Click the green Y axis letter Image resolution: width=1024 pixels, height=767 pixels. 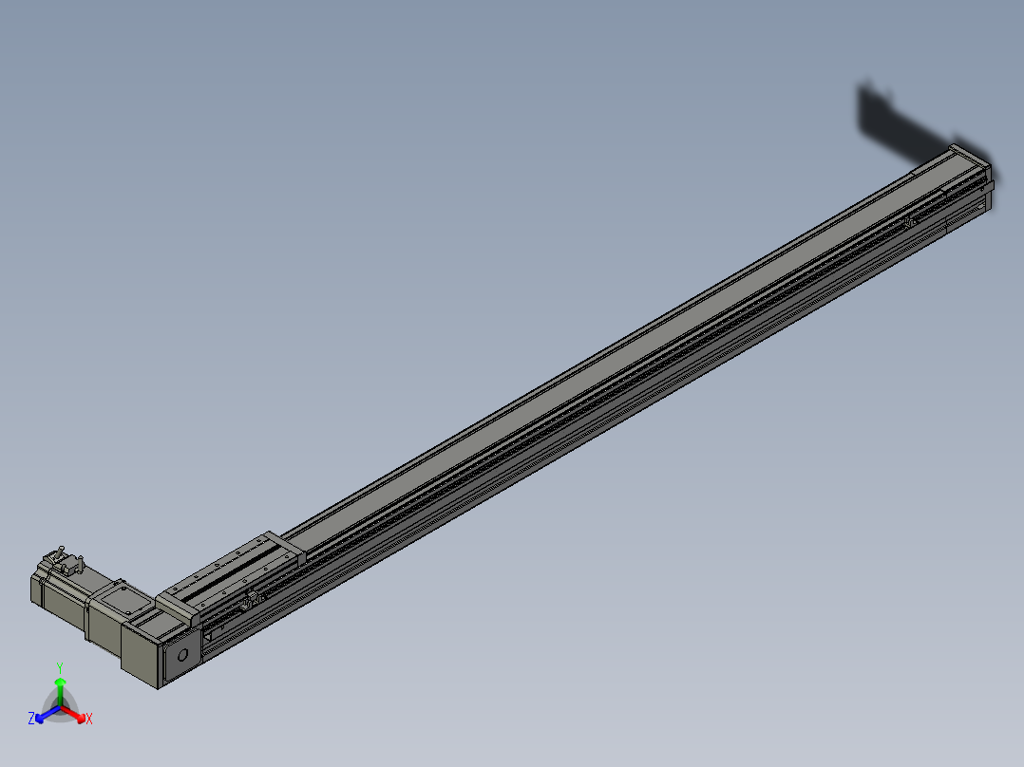click(x=59, y=667)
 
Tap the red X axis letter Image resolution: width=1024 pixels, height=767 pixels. click(x=89, y=720)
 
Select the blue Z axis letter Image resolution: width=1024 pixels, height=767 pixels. click(x=31, y=719)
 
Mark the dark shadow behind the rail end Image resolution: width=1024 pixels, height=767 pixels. click(x=902, y=123)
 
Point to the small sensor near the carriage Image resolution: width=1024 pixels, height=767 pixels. click(x=253, y=599)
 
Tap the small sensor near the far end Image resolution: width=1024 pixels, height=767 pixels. click(x=909, y=221)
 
